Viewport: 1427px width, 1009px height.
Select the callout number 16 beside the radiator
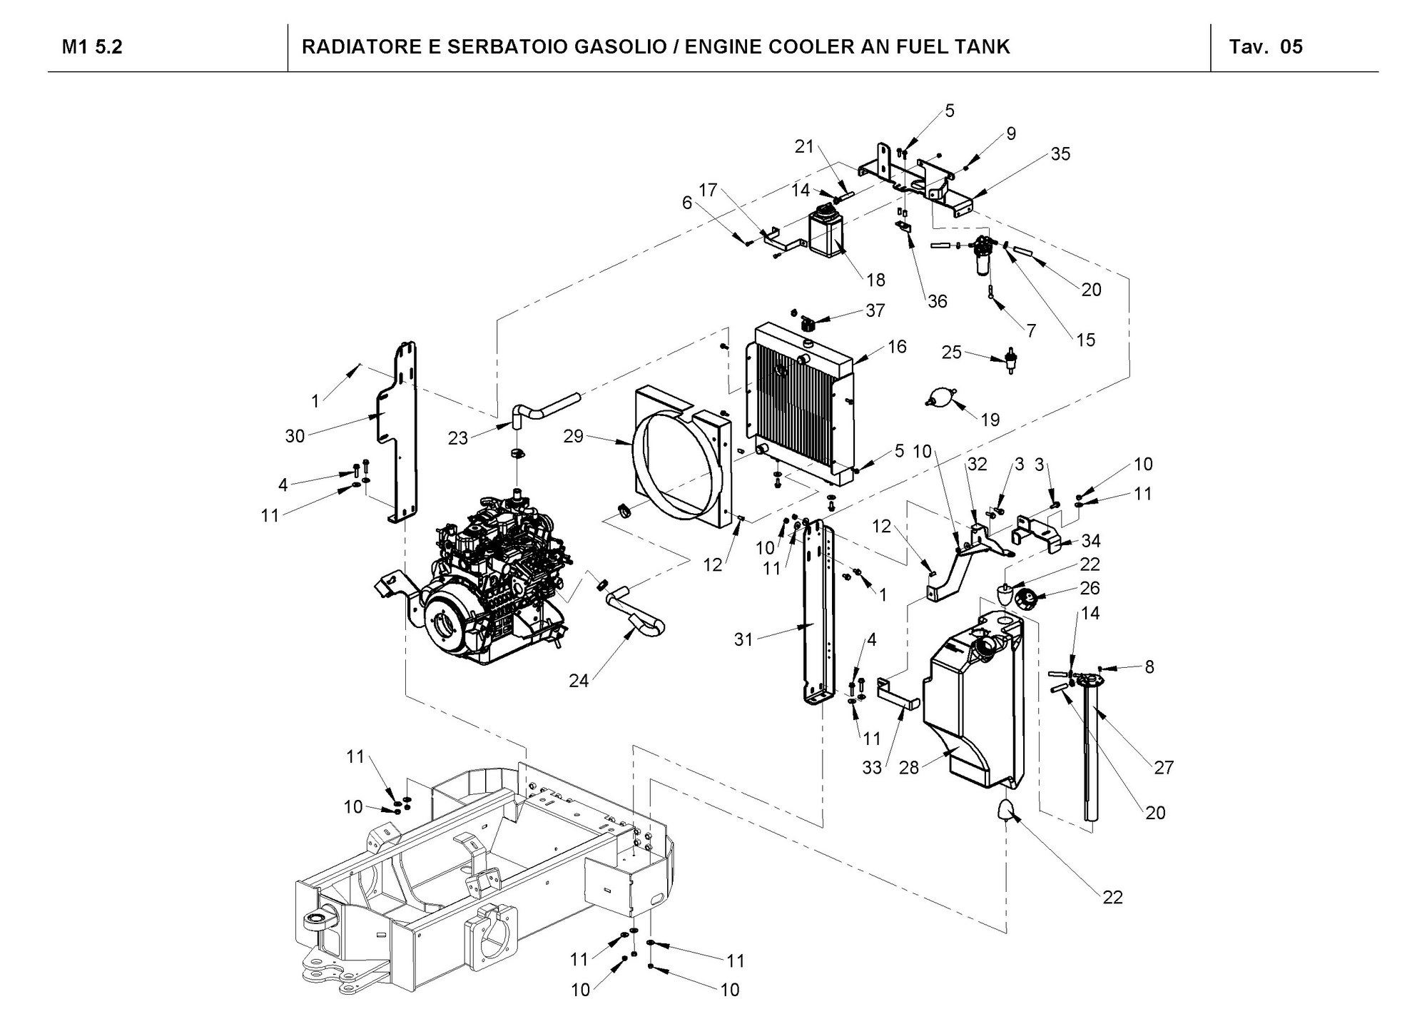[897, 346]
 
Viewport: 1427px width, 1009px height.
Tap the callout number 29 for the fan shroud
[573, 436]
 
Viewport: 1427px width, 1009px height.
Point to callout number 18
[875, 279]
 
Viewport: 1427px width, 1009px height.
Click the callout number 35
[1060, 154]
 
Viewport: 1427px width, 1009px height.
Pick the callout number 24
[579, 681]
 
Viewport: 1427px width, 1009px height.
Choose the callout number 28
[908, 767]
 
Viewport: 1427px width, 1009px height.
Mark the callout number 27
[1164, 768]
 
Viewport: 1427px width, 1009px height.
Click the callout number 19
[990, 420]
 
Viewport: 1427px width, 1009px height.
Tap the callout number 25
[952, 353]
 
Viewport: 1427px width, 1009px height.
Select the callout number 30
[295, 436]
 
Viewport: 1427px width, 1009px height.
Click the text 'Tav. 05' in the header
[1266, 47]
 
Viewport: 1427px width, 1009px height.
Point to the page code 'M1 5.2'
[92, 47]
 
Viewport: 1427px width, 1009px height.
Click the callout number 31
[743, 640]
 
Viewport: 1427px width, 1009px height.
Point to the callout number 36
[937, 301]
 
